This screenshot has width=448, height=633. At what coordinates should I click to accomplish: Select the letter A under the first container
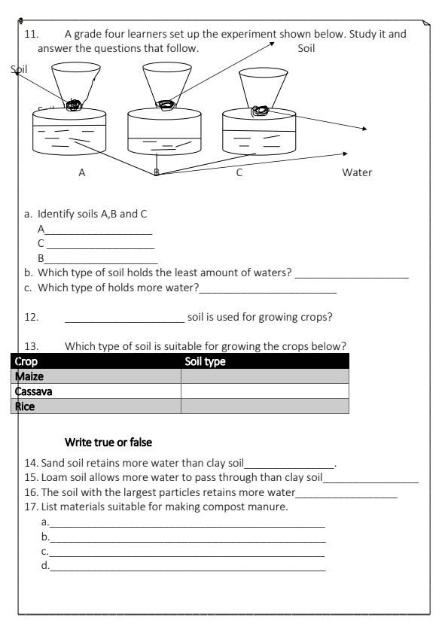(x=82, y=172)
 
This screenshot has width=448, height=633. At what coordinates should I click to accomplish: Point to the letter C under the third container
(x=239, y=172)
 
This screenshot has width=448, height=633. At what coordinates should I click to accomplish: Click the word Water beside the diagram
(x=357, y=172)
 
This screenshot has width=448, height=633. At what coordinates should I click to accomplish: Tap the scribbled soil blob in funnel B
(x=164, y=105)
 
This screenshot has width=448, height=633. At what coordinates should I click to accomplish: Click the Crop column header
(x=27, y=361)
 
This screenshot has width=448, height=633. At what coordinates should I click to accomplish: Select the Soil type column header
(x=206, y=361)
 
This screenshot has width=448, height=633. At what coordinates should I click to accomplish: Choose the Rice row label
(x=26, y=406)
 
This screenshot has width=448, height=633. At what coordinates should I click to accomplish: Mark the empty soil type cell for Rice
(x=265, y=406)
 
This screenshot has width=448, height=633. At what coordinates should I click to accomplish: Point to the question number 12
(x=31, y=317)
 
